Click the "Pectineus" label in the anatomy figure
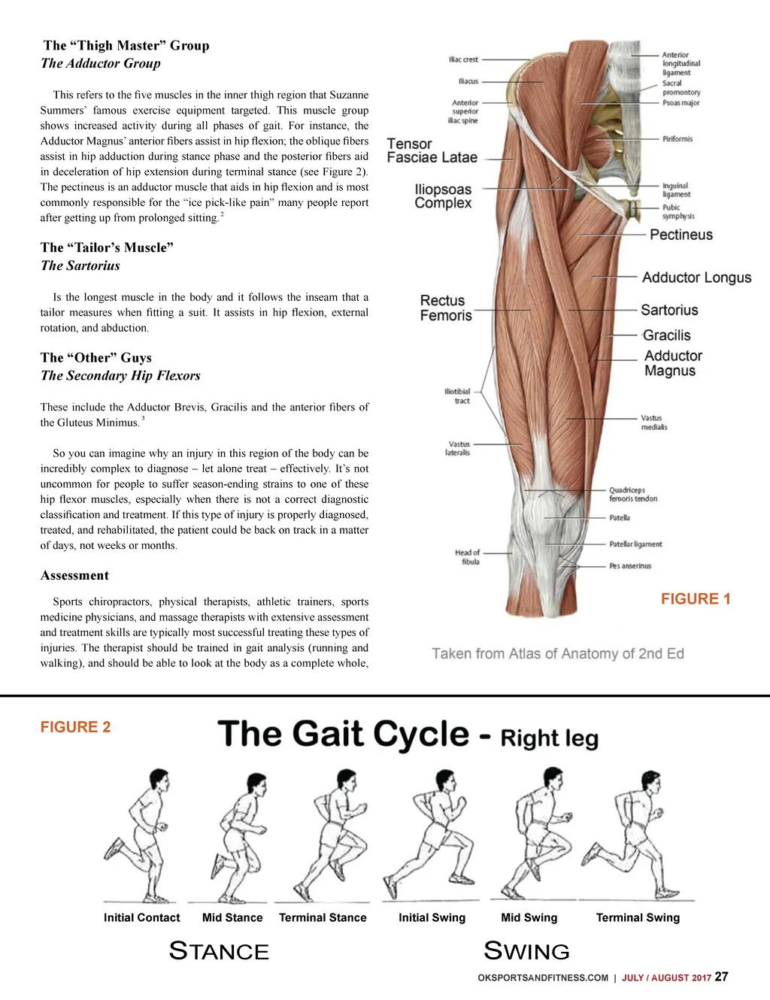tap(681, 235)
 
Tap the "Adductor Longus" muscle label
tap(696, 277)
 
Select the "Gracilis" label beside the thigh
tap(666, 335)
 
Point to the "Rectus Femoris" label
tap(445, 308)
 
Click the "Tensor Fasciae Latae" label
tap(432, 150)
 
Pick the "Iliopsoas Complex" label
tap(443, 196)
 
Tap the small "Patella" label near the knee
tap(620, 518)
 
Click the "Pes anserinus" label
tap(630, 566)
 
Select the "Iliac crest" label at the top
tap(463, 59)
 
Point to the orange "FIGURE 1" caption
tap(696, 599)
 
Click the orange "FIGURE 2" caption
tap(75, 727)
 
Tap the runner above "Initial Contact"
tap(141, 835)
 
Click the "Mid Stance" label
tap(232, 918)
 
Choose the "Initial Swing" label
tap(432, 918)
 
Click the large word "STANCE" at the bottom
tap(219, 951)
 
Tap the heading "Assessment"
tap(74, 576)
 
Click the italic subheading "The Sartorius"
tap(80, 265)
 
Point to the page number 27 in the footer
tap(721, 977)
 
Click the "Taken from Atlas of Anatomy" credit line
tap(557, 654)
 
